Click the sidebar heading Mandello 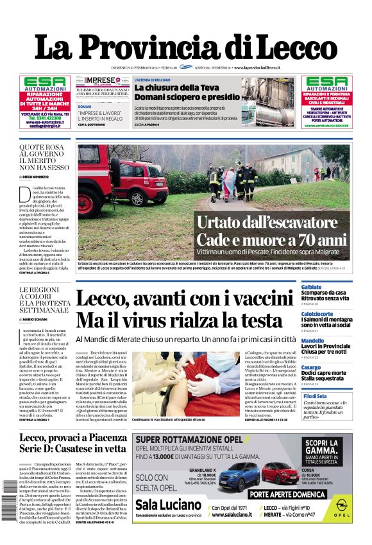pos(313,341)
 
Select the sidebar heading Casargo pos(311,367)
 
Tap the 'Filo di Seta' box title pos(316,396)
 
